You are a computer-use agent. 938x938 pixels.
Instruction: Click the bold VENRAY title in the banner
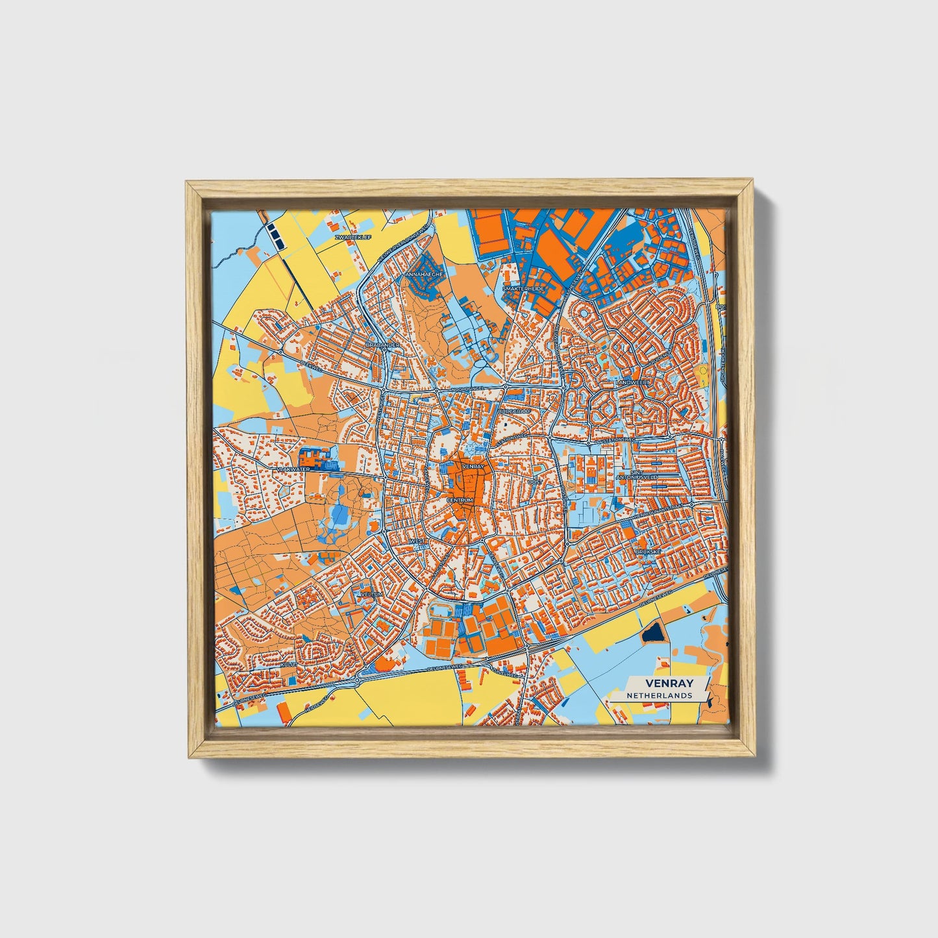click(669, 683)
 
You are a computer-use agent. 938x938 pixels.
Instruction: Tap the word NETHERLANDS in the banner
click(659, 695)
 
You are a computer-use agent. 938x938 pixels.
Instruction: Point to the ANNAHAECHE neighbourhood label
click(424, 275)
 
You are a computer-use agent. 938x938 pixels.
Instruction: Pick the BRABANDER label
click(382, 345)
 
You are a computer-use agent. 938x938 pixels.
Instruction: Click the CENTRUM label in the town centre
click(460, 500)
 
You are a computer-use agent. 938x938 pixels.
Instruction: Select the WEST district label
click(417, 541)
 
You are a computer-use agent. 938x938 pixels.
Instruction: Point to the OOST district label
click(535, 482)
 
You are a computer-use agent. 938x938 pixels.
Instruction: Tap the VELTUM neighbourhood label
click(374, 594)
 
